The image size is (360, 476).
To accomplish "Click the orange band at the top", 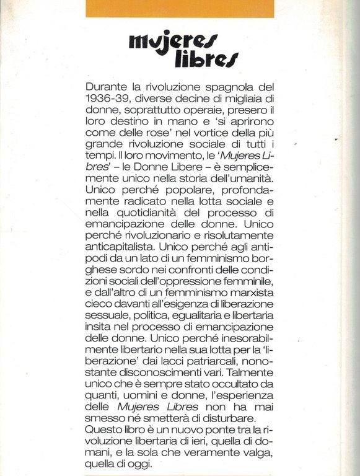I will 180,8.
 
